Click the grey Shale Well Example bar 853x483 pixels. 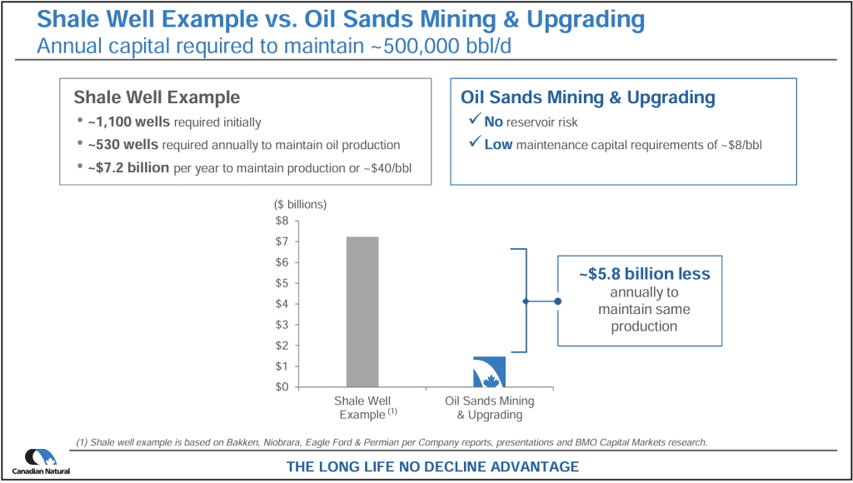pos(362,311)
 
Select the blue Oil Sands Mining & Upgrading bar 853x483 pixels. pos(489,371)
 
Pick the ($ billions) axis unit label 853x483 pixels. pos(300,204)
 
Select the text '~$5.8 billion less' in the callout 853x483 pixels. pos(644,274)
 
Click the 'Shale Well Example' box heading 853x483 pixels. pos(157,97)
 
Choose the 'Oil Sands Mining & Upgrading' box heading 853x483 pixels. pos(588,97)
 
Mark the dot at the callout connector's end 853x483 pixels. pos(557,301)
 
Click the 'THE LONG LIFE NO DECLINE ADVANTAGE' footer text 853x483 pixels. pos(432,466)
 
